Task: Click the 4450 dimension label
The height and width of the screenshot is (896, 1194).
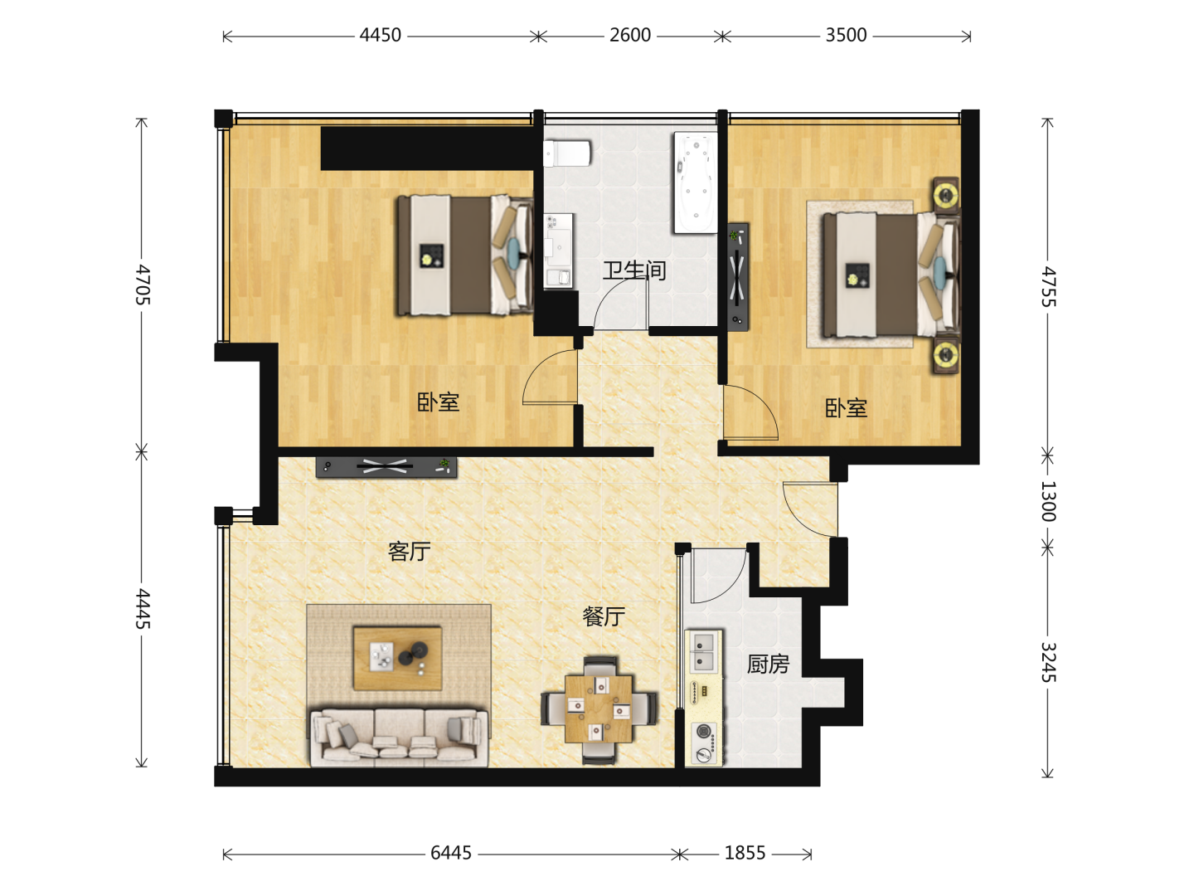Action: pos(381,36)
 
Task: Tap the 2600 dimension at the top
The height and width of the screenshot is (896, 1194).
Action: pos(630,36)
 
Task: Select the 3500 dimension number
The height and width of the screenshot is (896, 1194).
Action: pos(846,36)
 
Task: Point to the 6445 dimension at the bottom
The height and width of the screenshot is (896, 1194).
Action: pos(451,853)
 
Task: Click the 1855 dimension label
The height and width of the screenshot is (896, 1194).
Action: pos(745,853)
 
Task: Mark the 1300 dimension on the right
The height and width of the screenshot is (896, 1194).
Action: pos(1048,501)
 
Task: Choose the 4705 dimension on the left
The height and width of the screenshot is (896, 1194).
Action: pos(143,285)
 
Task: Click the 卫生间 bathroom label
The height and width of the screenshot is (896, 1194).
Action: pos(634,270)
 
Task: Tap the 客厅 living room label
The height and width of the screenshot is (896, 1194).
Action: pos(409,551)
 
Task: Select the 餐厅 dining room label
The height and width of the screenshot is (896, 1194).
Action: pos(604,616)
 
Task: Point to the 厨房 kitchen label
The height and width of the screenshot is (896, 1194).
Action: pos(768,665)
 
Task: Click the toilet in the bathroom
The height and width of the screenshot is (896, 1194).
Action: pos(567,153)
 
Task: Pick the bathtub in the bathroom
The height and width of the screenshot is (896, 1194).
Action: pos(696,183)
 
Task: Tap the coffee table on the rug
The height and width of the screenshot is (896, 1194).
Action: pos(397,658)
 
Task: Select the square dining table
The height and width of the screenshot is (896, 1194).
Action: pos(599,709)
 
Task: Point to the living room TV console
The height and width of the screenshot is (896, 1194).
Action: pos(386,467)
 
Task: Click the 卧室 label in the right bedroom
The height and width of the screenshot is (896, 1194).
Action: pos(846,408)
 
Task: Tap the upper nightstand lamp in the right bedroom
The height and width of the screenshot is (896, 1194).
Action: pos(947,193)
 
